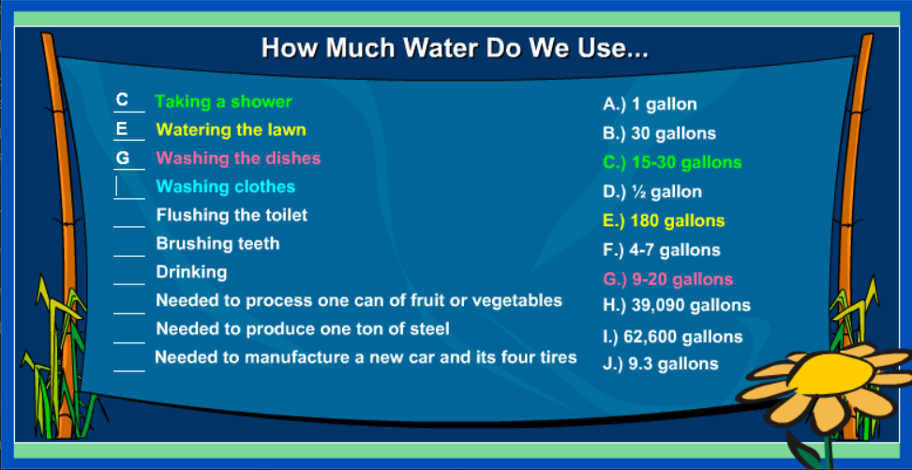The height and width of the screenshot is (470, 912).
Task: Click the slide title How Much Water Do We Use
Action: click(x=455, y=49)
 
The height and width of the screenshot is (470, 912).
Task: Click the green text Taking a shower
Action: click(x=223, y=102)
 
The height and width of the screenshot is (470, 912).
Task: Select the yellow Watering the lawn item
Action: click(x=231, y=129)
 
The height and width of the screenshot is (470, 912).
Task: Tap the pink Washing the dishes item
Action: click(x=238, y=158)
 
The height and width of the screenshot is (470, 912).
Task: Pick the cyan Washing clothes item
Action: click(x=226, y=187)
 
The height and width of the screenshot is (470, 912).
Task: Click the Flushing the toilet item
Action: click(x=232, y=215)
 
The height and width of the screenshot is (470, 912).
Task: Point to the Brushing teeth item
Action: click(x=217, y=243)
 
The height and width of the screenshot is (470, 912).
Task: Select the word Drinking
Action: click(x=191, y=272)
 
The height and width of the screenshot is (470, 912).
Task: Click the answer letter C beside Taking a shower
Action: click(x=122, y=99)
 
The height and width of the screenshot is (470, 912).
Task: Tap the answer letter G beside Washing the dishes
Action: click(x=123, y=158)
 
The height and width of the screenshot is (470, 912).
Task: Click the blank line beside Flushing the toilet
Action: click(x=129, y=226)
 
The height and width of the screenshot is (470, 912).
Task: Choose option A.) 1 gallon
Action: click(x=650, y=104)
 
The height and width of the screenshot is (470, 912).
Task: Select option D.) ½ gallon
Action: click(x=652, y=191)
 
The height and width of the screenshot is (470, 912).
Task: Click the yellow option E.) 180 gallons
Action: click(x=664, y=221)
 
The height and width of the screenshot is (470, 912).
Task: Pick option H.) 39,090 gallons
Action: click(x=677, y=305)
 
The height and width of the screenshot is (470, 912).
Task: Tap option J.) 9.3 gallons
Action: click(x=660, y=364)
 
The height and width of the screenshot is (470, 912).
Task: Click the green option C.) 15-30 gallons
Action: click(x=672, y=162)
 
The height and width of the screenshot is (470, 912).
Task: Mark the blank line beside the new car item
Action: click(x=129, y=371)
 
